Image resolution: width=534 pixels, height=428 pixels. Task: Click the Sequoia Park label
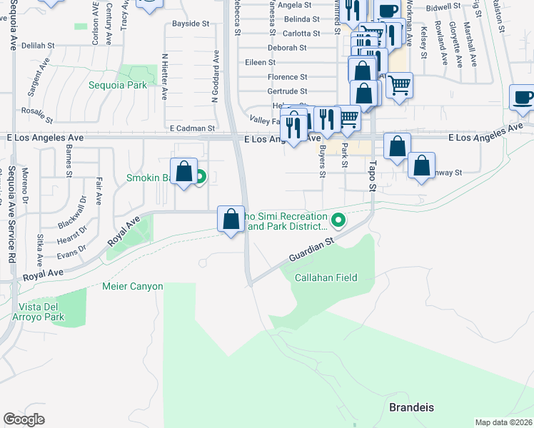point(118,85)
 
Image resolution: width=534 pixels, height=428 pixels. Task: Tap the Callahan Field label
point(326,277)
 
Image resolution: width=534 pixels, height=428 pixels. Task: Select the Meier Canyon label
point(133,287)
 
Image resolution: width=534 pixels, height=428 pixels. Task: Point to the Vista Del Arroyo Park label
point(41,312)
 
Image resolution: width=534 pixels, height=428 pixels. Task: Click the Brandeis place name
point(412,407)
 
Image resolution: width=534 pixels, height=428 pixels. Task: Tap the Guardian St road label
point(312,250)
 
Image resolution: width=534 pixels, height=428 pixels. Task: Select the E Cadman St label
point(192,128)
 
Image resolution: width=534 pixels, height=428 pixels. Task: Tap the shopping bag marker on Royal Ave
point(231,219)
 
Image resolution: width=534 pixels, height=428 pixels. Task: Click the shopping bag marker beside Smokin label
point(183,172)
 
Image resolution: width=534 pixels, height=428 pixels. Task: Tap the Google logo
point(24,419)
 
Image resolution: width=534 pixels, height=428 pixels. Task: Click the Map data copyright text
point(504,422)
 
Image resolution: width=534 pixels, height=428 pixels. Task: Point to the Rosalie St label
point(37,115)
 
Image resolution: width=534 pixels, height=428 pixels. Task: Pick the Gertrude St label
point(287,91)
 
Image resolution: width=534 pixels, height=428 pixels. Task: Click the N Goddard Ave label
point(214,76)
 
